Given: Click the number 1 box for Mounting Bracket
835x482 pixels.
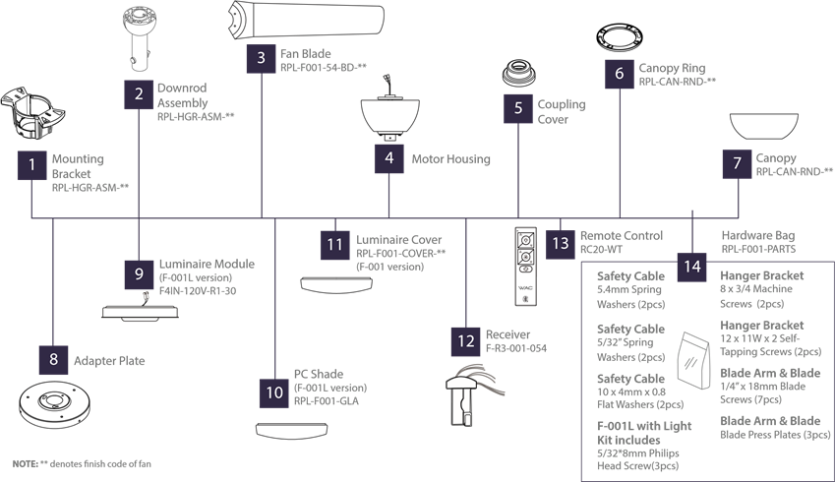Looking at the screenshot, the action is (31, 165).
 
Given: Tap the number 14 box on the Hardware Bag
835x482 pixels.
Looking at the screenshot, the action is (692, 267).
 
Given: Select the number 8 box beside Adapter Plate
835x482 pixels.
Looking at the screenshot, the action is (53, 359).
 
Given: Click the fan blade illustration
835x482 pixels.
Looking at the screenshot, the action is (306, 22).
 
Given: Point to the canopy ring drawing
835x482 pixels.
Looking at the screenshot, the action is (620, 38).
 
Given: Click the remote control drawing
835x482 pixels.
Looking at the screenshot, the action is (525, 267).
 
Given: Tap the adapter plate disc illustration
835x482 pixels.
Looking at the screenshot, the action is (55, 404).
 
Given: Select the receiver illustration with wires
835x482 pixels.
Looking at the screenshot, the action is (471, 395).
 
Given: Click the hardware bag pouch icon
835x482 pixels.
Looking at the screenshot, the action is (694, 360).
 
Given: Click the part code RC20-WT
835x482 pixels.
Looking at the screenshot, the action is (601, 249).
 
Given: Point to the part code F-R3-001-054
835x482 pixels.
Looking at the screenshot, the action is (516, 348).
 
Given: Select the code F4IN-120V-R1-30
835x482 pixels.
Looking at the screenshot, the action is (198, 291).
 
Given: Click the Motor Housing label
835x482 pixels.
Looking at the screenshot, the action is (450, 158).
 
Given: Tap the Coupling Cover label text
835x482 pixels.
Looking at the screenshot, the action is (562, 112).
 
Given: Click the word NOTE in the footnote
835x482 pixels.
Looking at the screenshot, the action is (25, 464).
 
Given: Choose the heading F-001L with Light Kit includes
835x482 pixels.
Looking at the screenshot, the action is (644, 433).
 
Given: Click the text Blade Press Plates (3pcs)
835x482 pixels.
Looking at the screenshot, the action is (775, 435).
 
